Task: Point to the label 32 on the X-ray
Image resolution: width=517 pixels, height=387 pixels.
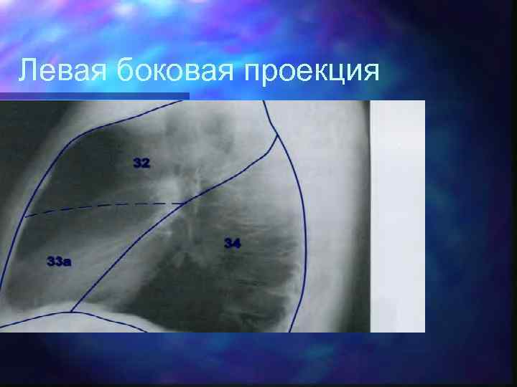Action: (141, 163)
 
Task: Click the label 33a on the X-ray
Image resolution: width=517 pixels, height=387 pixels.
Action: (58, 262)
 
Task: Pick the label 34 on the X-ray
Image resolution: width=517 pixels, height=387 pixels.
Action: (232, 244)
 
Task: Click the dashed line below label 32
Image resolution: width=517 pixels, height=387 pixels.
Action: (108, 209)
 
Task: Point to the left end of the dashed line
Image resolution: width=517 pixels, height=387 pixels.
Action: (26, 216)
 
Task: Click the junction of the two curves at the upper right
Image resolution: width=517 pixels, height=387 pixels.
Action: (276, 136)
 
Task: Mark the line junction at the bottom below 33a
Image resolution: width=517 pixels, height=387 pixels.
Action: (72, 312)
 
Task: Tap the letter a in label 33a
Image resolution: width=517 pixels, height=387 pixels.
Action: (67, 262)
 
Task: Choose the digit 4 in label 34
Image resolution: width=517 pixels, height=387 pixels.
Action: (236, 244)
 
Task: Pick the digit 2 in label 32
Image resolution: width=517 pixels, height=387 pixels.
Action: (146, 163)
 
